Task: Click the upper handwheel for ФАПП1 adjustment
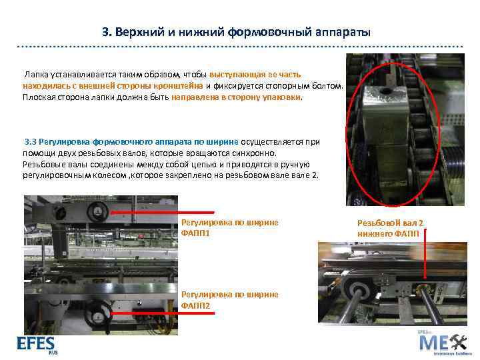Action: [x=99, y=211]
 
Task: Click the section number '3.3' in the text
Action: [x=31, y=141]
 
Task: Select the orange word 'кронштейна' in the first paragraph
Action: [x=179, y=86]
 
